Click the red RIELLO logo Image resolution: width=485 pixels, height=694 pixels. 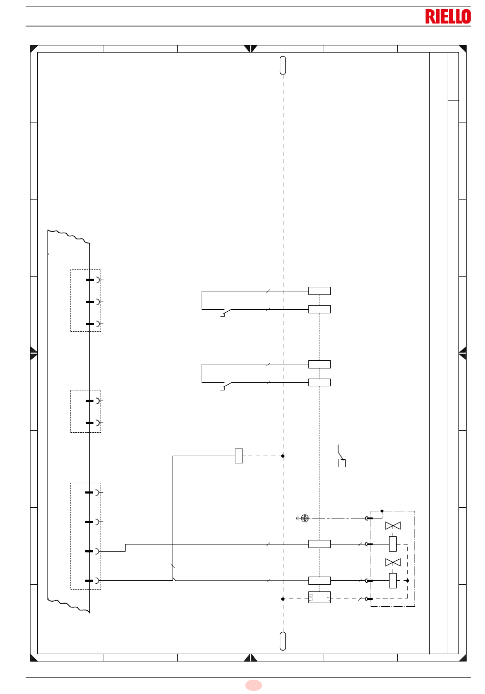(448, 16)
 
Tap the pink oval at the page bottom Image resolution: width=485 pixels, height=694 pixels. (254, 685)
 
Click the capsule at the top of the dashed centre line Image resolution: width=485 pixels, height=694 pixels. (283, 65)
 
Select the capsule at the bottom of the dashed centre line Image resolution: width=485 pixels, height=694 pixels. (283, 641)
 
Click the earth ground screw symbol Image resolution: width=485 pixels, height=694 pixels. (305, 518)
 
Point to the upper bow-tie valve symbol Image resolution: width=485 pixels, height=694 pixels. (393, 526)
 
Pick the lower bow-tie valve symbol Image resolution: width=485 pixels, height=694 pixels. (393, 562)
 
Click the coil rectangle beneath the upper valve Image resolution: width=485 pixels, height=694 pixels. (393, 544)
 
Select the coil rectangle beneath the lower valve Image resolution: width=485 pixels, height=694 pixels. (393, 580)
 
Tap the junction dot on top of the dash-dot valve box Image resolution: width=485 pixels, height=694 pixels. (382, 511)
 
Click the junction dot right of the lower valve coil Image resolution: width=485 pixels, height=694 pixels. (407, 581)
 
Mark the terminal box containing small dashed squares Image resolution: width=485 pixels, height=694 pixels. (320, 597)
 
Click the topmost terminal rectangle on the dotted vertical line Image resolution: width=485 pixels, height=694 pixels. (320, 291)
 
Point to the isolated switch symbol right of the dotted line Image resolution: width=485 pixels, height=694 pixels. (342, 455)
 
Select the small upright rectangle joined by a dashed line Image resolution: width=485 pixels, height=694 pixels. (238, 456)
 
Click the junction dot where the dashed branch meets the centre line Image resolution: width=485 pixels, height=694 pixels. (283, 456)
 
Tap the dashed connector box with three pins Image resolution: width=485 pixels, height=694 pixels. (86, 301)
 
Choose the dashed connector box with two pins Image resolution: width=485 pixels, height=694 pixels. (86, 411)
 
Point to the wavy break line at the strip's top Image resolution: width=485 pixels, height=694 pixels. (69, 236)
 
